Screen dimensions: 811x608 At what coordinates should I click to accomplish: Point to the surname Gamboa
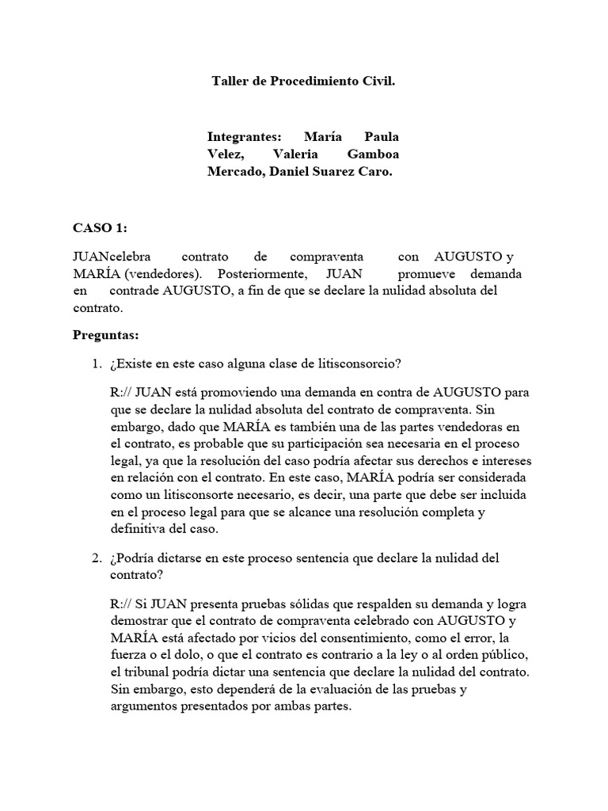tap(372, 154)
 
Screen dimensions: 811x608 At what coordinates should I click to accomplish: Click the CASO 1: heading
tap(100, 227)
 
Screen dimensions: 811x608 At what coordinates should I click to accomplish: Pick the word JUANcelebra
tap(108, 257)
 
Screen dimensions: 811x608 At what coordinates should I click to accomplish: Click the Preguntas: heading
tap(105, 335)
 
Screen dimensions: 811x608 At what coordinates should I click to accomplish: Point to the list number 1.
tap(95, 364)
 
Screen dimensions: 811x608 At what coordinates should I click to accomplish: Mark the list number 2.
tap(95, 558)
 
